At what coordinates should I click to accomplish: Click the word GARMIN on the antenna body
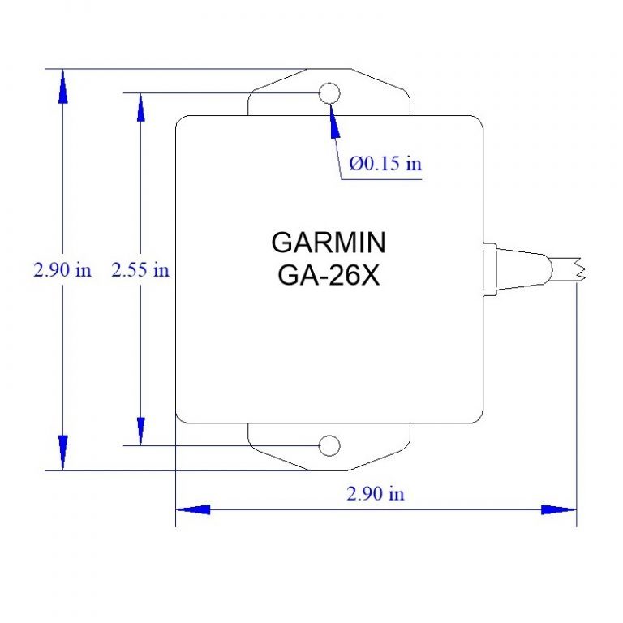coord(329,243)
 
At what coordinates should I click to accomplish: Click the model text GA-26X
coord(329,275)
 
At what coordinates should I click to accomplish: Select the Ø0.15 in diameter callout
coord(385,164)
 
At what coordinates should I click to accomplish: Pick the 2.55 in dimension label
coord(140,270)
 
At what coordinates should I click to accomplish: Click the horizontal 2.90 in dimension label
coord(376,493)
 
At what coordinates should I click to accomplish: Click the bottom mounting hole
coord(329,445)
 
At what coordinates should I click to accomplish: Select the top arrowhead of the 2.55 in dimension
coord(140,109)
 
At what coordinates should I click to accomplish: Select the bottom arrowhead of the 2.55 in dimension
coord(140,430)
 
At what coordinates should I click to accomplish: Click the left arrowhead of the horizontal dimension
coord(193,509)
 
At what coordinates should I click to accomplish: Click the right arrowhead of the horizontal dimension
coord(558,509)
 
